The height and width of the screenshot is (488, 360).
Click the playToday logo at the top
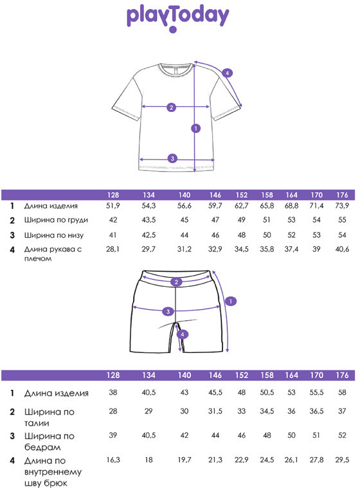(177, 19)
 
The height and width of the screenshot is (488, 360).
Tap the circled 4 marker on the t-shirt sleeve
(227, 73)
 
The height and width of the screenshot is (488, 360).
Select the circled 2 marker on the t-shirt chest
(171, 107)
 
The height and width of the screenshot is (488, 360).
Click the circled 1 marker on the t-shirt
(195, 128)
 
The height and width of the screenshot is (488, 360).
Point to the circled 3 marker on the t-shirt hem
(173, 158)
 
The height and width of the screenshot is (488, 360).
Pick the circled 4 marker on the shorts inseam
(183, 334)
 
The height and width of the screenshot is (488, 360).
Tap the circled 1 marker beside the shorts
(231, 302)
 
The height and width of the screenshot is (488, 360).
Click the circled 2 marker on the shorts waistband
(176, 282)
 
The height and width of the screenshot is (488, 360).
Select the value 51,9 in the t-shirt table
(113, 206)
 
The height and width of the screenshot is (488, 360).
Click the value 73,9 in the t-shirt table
(342, 206)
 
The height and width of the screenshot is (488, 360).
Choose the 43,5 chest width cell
(148, 220)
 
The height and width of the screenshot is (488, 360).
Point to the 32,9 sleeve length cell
(215, 249)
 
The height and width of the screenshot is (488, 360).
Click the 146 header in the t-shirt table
(215, 195)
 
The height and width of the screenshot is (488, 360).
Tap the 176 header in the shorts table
(342, 375)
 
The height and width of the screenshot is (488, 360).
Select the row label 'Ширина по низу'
(54, 235)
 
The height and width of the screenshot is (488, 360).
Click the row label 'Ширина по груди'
(56, 220)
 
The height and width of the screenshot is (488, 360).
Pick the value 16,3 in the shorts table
(113, 460)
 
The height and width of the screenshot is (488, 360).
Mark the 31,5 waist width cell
(215, 411)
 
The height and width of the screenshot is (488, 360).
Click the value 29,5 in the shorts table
(342, 460)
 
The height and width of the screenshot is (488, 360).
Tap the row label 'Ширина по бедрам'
(49, 442)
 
